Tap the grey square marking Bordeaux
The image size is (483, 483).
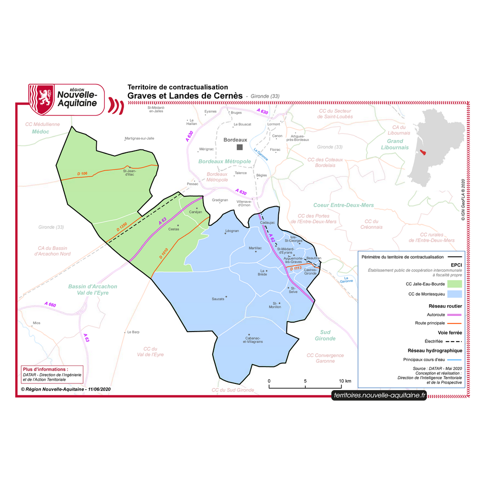(240, 147)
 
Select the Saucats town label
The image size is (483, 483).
(218, 299)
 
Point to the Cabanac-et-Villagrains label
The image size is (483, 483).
(253, 340)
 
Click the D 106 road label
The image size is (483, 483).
(82, 174)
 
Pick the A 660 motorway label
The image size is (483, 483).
(50, 305)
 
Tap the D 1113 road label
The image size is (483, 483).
(296, 268)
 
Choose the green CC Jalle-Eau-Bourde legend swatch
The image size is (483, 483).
(454, 284)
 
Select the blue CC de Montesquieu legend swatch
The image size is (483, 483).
(454, 294)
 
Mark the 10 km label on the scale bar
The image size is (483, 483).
(345, 381)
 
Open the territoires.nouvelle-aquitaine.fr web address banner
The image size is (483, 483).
(379, 395)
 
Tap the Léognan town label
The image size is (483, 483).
(232, 231)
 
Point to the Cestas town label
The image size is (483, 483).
(174, 229)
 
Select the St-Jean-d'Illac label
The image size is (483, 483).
(129, 173)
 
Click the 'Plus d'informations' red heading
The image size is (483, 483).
(45, 369)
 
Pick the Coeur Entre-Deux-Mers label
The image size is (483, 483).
(343, 205)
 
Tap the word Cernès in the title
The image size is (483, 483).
(227, 95)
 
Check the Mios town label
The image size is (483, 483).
(36, 324)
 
